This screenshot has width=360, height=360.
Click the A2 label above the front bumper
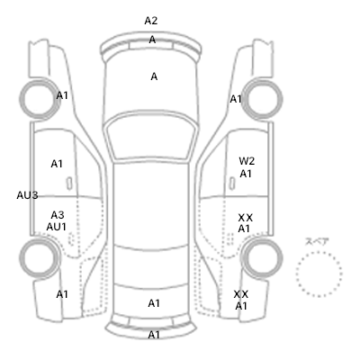[151, 21]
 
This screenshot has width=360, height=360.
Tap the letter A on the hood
[154, 76]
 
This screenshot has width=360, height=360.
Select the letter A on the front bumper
[152, 40]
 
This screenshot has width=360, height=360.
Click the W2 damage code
[247, 161]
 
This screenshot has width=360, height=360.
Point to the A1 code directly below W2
[246, 174]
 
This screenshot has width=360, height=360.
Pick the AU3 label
[27, 195]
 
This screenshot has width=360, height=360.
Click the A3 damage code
[58, 215]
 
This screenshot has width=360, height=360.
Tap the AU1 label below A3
[56, 227]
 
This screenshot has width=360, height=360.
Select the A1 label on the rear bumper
[154, 335]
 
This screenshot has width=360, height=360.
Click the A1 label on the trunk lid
[154, 303]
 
